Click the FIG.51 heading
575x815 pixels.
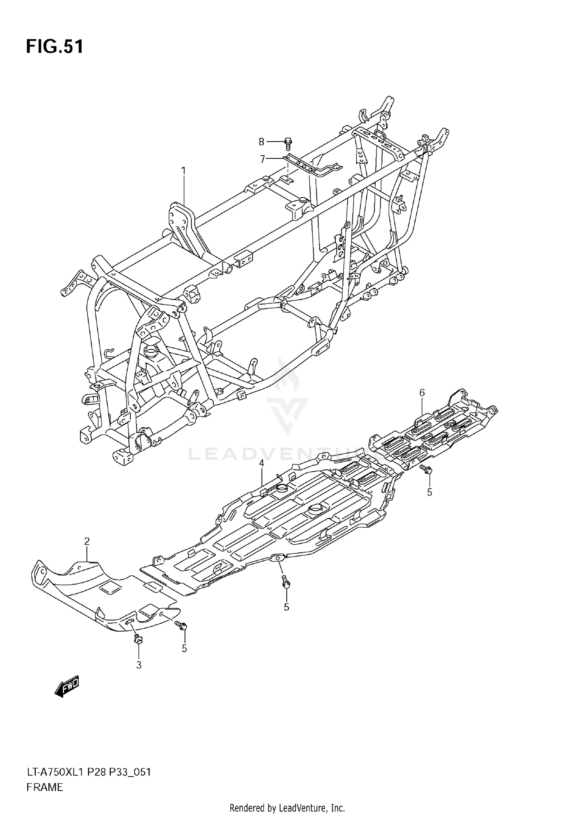tap(54, 47)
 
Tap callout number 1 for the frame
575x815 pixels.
tap(183, 170)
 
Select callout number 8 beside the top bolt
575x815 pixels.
tap(261, 142)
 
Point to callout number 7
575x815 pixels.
tap(263, 159)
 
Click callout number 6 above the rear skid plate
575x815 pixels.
tap(422, 392)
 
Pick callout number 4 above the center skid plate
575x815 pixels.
tap(261, 463)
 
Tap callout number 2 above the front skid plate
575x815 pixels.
tap(87, 541)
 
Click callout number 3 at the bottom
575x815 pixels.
tap(139, 665)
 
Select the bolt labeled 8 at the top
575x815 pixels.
tap(289, 143)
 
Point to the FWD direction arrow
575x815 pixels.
tap(67, 686)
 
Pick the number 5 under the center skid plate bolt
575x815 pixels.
tap(286, 607)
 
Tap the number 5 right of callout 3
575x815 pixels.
tap(184, 649)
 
